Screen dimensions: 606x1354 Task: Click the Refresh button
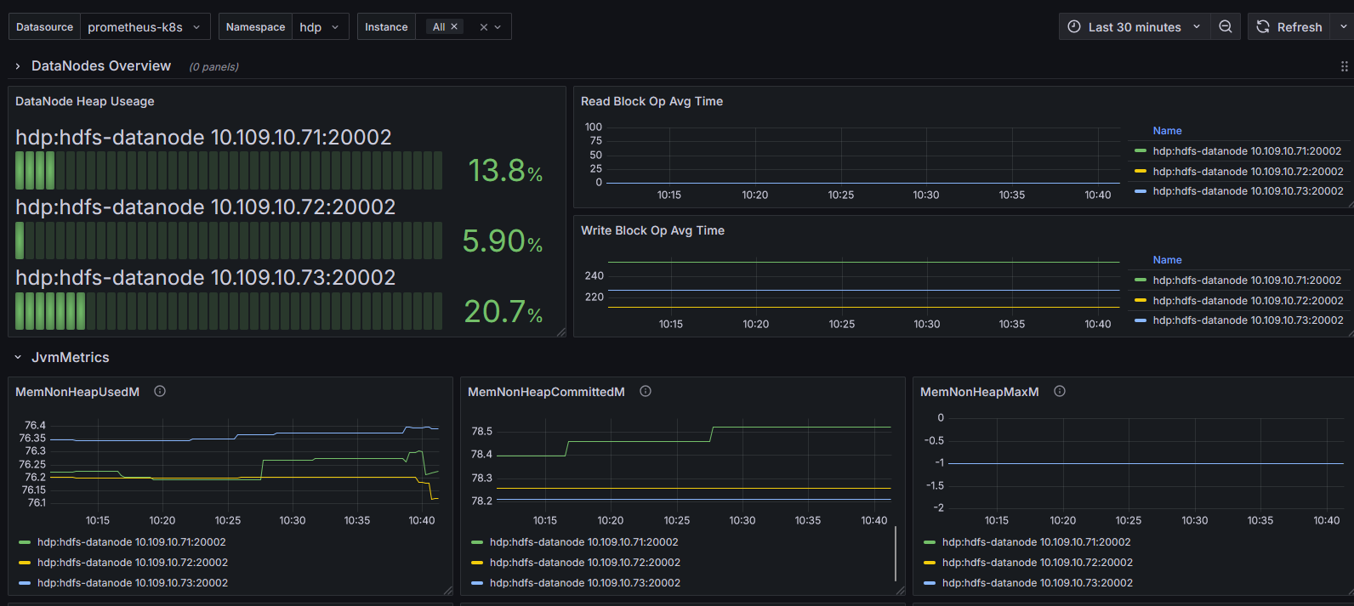click(x=1289, y=27)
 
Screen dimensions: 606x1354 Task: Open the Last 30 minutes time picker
click(x=1135, y=27)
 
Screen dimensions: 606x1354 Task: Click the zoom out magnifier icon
click(x=1226, y=27)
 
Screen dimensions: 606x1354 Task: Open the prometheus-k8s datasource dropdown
click(x=145, y=27)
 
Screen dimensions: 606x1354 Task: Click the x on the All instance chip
click(x=454, y=27)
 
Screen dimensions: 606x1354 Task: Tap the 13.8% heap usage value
click(x=505, y=171)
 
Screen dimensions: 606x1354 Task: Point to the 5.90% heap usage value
click(x=502, y=241)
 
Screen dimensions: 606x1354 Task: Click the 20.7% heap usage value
click(x=503, y=312)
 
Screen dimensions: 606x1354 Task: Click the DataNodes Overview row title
click(x=101, y=66)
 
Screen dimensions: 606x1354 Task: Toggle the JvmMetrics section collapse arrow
click(x=18, y=358)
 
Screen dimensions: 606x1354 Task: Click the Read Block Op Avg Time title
click(x=651, y=101)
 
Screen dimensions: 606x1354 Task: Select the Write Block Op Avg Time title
click(x=652, y=230)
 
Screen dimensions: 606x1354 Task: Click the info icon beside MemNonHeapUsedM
click(x=160, y=392)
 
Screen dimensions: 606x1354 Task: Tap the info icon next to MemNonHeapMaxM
click(x=1060, y=392)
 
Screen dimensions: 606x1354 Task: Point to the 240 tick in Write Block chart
click(x=595, y=276)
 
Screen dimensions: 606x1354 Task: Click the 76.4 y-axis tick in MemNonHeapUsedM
click(x=35, y=426)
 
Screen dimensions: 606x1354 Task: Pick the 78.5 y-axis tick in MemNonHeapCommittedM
click(x=482, y=432)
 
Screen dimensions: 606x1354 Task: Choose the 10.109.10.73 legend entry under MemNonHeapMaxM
click(x=1037, y=583)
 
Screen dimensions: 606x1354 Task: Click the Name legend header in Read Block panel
click(x=1167, y=131)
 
